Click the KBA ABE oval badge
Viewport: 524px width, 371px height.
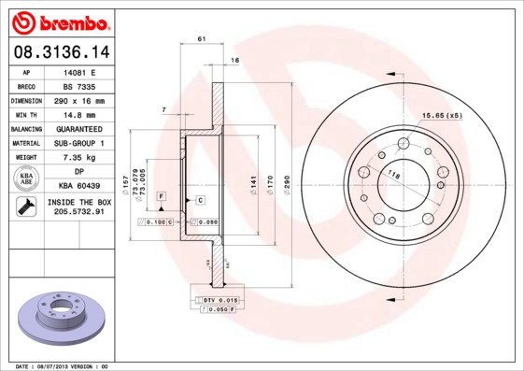(x=27, y=179)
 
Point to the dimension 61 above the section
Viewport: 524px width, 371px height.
(x=201, y=38)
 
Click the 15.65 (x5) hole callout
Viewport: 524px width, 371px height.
(x=442, y=115)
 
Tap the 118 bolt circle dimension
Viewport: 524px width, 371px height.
(x=394, y=175)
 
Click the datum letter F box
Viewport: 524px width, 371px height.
(x=161, y=196)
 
